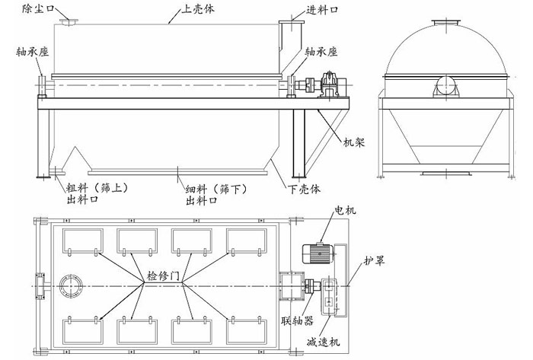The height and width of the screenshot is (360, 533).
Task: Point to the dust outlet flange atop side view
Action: pos(70,22)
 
